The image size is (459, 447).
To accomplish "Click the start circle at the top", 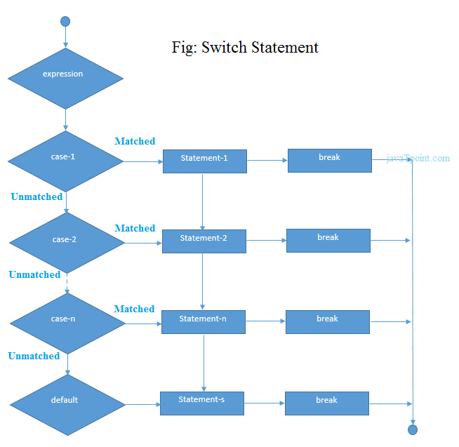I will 65,21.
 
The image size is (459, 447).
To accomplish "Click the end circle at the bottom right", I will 413,429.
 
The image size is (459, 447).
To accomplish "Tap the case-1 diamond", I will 65,161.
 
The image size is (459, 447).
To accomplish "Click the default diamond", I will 67,404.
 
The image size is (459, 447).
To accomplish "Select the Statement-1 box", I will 204,161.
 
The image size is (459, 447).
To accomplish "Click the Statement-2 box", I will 204,241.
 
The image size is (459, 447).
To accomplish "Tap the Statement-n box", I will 203,321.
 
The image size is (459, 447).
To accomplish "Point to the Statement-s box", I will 202,403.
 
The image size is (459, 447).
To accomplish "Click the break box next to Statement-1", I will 329,160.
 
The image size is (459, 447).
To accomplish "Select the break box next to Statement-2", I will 328,240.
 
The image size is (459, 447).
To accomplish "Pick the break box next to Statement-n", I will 327,321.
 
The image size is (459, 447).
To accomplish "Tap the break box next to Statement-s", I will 326,403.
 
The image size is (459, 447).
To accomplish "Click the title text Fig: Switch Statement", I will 245,48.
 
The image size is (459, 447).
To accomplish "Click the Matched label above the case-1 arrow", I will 135,141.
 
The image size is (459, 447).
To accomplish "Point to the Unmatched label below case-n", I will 34,356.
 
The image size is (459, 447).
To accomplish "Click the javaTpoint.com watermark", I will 418,158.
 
